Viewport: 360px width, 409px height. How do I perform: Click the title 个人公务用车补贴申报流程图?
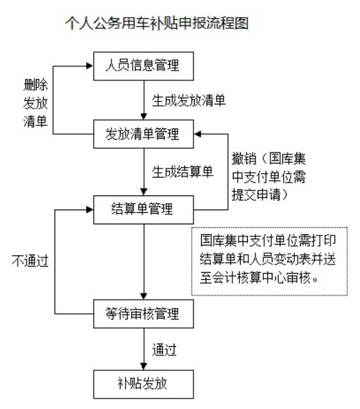pos(157,23)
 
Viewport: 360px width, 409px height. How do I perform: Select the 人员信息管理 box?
pos(143,66)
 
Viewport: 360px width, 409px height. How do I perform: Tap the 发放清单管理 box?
pos(143,134)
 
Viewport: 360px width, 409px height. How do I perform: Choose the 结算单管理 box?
pos(143,209)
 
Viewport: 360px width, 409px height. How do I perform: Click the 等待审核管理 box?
pos(143,314)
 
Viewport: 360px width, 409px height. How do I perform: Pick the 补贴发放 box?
pos(143,384)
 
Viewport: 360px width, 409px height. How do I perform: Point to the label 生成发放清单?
pos(188,101)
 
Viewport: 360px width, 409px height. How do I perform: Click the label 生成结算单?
pos(183,172)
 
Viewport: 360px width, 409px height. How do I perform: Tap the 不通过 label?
pos(30,261)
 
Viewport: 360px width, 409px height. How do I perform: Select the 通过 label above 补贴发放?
pos(164,350)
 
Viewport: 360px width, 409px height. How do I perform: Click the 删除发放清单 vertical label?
pos(35,103)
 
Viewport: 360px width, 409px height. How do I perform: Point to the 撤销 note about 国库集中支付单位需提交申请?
pos(269,176)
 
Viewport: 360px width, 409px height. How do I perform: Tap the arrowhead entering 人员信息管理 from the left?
pos(90,66)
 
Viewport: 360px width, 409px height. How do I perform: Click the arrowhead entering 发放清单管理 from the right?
pos(198,134)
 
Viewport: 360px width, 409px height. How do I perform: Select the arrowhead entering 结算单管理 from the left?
pos(90,209)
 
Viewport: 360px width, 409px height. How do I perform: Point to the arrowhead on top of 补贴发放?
pos(143,366)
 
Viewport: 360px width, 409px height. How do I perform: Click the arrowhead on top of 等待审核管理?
pos(143,295)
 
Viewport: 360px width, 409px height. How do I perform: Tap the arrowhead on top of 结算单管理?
pos(143,192)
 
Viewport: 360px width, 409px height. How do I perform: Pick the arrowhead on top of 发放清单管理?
pos(143,116)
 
